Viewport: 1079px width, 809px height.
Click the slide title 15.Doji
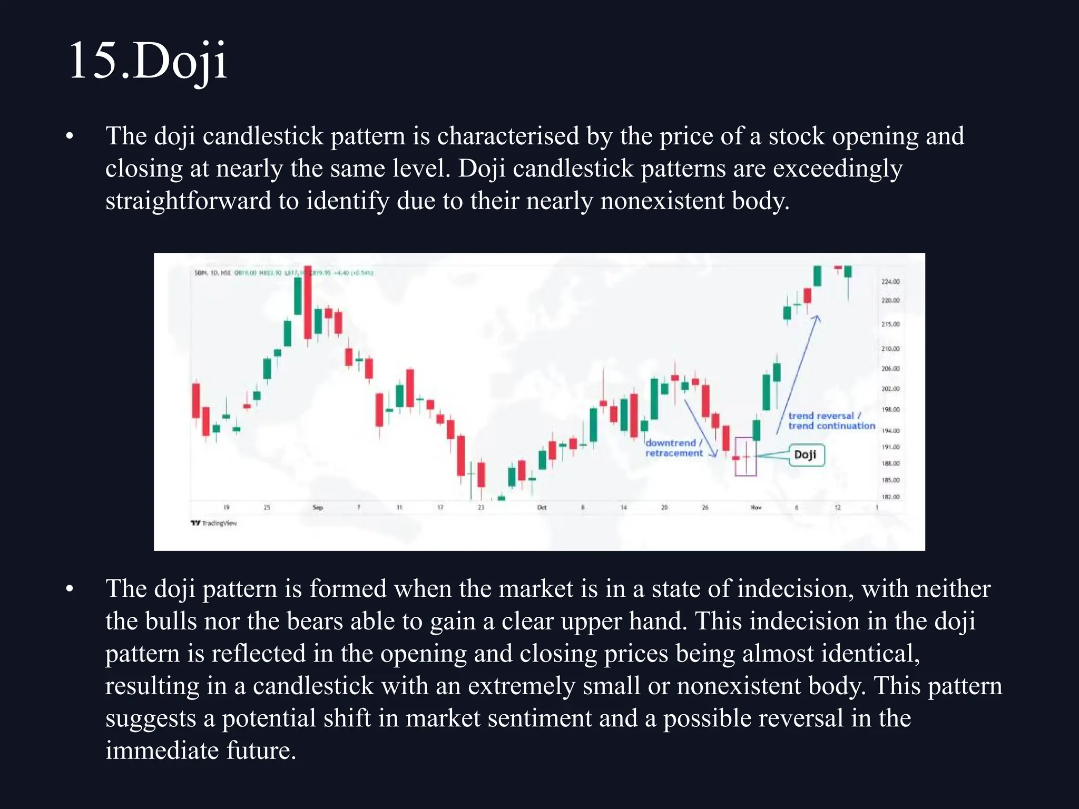(x=148, y=61)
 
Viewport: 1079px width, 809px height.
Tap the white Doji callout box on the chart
(x=806, y=455)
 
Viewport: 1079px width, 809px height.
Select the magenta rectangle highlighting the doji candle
(x=746, y=457)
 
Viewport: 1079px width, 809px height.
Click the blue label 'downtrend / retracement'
(x=674, y=448)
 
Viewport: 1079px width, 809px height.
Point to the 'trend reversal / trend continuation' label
(x=831, y=421)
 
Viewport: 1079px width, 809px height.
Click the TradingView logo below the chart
(x=214, y=523)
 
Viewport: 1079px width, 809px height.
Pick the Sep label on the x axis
(x=318, y=507)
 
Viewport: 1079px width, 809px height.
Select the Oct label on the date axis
(x=542, y=507)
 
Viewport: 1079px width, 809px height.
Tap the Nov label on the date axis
(x=756, y=507)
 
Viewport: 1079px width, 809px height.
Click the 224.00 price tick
(x=890, y=282)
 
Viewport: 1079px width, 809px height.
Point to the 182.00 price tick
(x=890, y=497)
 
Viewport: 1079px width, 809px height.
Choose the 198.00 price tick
(x=890, y=409)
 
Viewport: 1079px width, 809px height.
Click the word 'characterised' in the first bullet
(x=508, y=136)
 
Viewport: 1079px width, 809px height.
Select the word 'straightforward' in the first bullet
(x=188, y=201)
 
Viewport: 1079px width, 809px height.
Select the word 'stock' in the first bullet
(x=796, y=136)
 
